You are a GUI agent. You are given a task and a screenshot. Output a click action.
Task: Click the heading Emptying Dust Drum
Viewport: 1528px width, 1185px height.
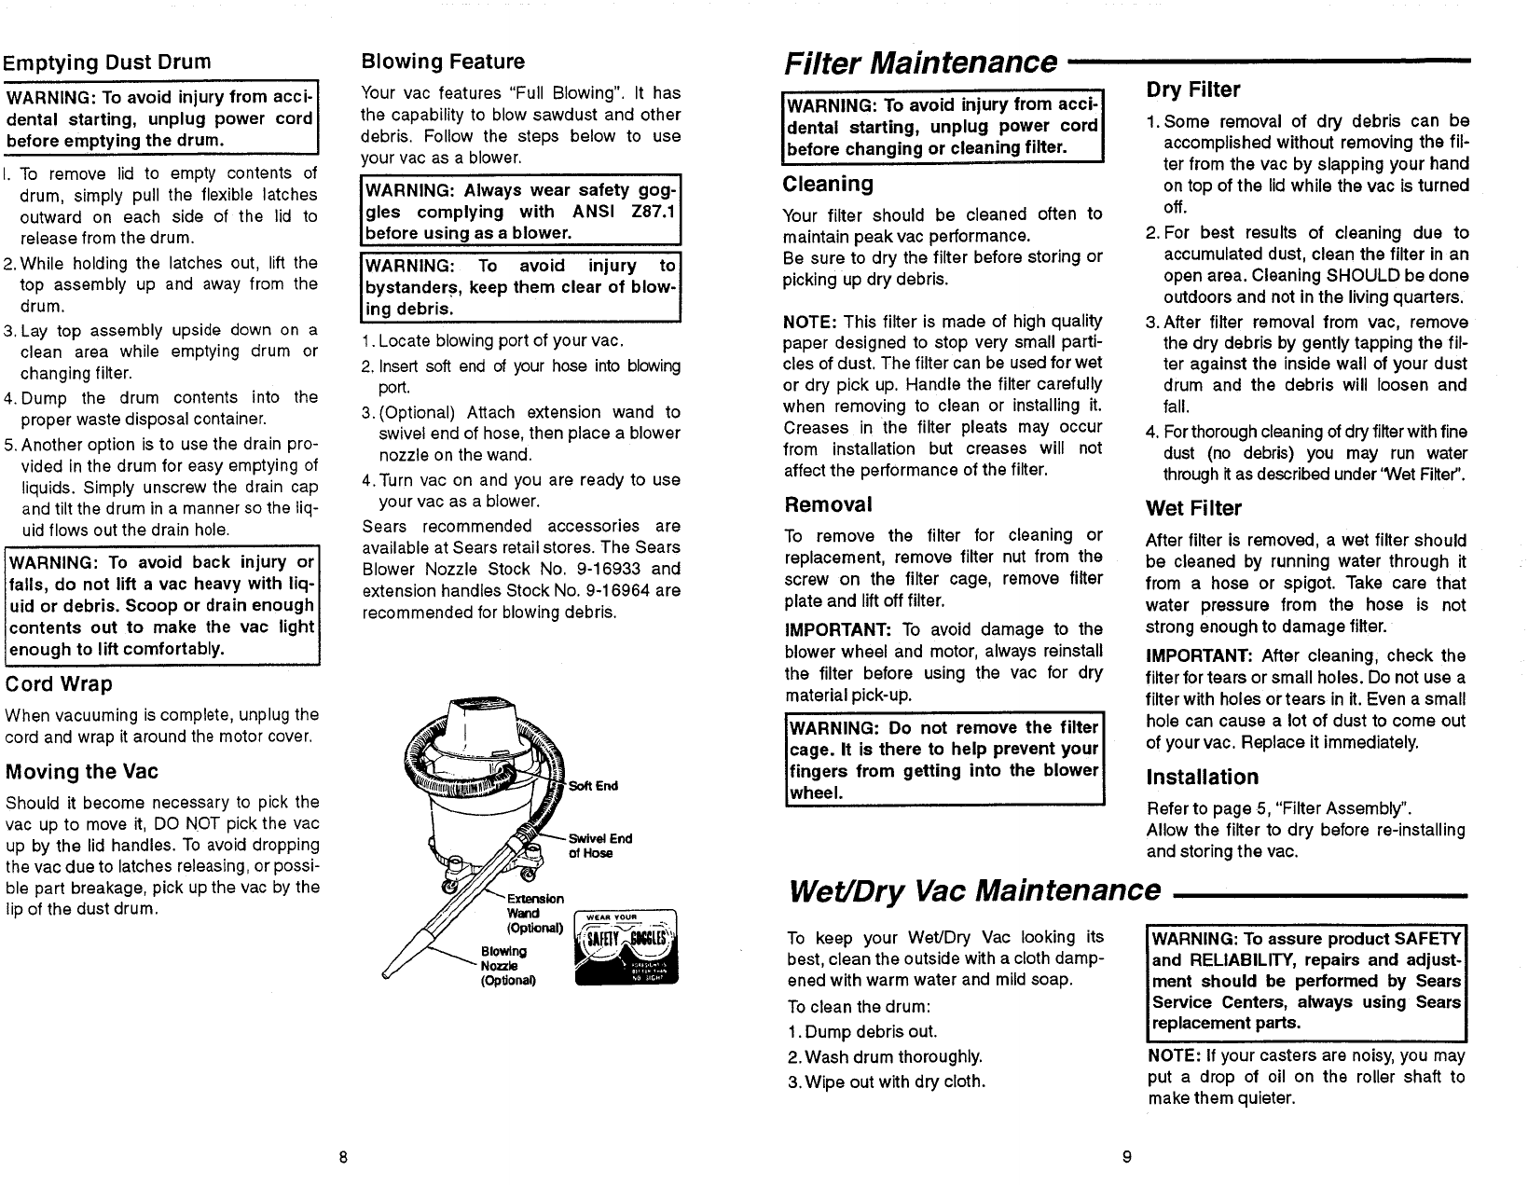pos(106,62)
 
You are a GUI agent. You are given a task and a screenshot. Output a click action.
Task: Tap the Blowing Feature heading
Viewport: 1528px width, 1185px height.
pos(442,62)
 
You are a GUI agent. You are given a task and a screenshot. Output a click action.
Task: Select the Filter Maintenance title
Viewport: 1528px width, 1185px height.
pos(920,62)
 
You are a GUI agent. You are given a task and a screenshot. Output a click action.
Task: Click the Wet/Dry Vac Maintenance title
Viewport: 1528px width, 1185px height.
pos(974,890)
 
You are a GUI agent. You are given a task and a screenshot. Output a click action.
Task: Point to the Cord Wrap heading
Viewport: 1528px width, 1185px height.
pos(59,684)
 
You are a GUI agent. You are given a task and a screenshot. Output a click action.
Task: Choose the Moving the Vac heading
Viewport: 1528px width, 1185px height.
pos(81,772)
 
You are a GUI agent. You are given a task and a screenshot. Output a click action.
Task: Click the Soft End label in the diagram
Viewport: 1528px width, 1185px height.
pos(593,786)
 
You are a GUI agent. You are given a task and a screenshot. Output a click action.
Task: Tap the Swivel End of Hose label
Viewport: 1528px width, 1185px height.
pos(600,846)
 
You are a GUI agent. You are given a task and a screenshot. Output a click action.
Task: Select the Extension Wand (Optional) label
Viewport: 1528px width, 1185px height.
pos(534,914)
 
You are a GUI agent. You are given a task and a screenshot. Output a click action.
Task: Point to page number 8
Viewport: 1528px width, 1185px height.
pos(343,1158)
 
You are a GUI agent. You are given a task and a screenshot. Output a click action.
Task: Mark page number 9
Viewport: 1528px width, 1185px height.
pos(1126,1158)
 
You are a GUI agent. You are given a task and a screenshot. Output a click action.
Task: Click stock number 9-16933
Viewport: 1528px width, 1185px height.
pos(614,569)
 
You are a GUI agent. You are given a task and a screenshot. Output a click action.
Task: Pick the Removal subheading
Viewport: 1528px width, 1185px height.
pos(828,505)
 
